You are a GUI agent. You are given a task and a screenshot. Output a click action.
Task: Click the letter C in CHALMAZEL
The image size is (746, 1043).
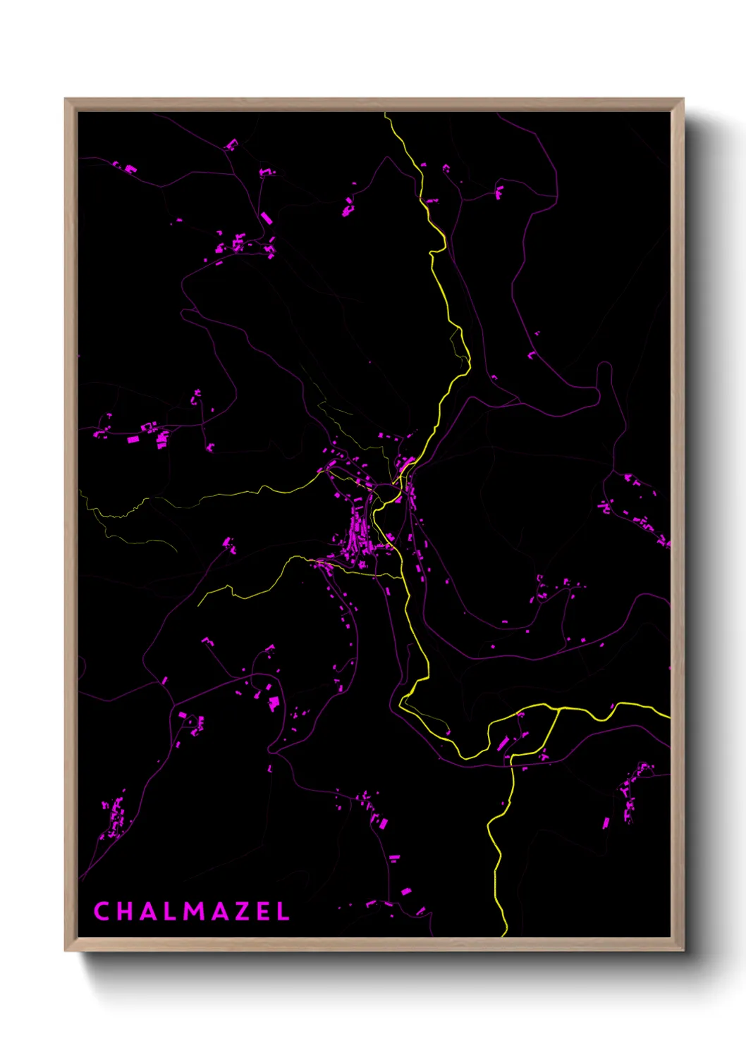tap(102, 911)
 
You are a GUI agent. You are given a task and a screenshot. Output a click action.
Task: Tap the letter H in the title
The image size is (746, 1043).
tap(125, 911)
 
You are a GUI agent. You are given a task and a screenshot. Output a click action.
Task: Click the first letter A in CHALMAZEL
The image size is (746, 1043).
tap(146, 911)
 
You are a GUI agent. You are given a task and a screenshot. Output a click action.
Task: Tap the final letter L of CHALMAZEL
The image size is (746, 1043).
tap(283, 911)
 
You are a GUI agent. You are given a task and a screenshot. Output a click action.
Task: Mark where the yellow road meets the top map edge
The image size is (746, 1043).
tap(385, 113)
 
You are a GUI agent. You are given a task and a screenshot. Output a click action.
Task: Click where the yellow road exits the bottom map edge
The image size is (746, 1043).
tap(505, 935)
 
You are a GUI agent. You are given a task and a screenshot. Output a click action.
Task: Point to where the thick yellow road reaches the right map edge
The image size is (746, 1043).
tap(668, 717)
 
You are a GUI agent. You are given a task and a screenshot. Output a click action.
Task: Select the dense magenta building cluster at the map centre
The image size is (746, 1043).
tap(358, 539)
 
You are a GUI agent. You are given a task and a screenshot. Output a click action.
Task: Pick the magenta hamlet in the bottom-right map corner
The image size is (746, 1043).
tap(631, 793)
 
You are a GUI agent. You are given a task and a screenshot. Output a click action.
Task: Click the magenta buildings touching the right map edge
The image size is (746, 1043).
tap(663, 541)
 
